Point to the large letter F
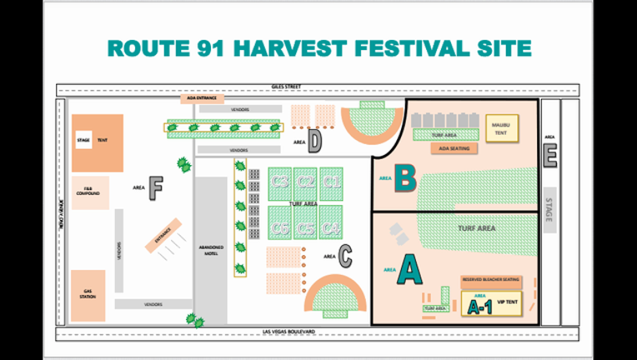pos(154,185)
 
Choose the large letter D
pos(314,142)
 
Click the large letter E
pos(550,157)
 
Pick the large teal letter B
pos(405,177)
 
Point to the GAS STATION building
pos(88,294)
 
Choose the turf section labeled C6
pos(280,227)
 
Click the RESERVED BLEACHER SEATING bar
pos(493,281)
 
